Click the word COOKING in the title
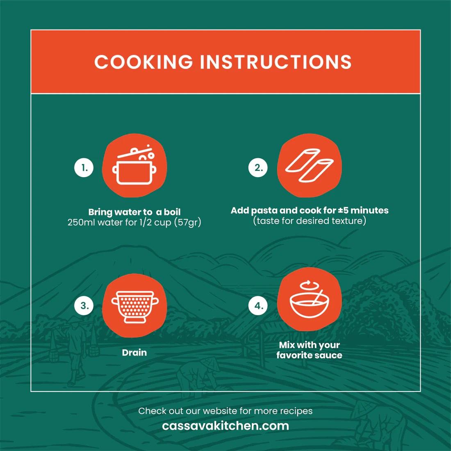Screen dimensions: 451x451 point(143,61)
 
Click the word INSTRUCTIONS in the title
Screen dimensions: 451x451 point(276,61)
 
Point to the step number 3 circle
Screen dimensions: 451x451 point(84,305)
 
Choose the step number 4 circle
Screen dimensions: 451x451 point(258,305)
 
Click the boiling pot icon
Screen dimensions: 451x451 point(134,165)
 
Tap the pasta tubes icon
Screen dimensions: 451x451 point(309,165)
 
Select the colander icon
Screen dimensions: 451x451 point(135,307)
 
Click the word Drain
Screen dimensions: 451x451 point(134,352)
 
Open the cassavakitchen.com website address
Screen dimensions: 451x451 point(225,426)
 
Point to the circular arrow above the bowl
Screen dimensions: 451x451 point(309,285)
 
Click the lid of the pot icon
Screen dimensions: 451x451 point(134,152)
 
